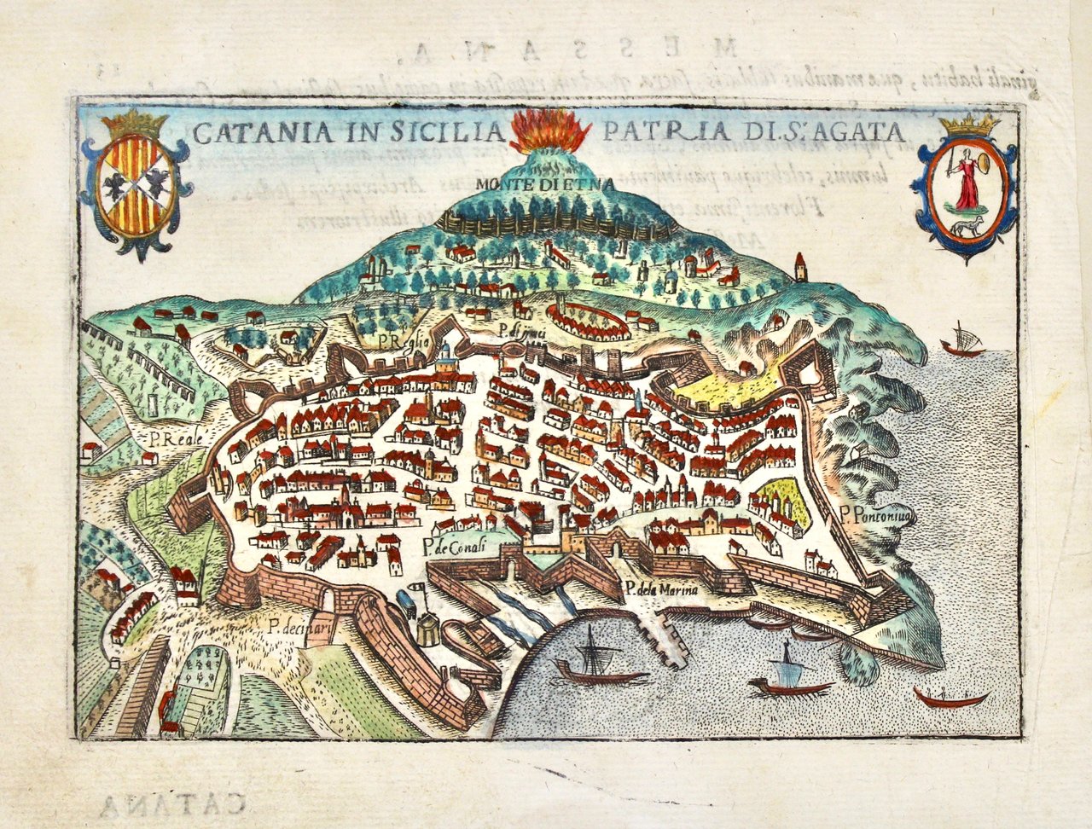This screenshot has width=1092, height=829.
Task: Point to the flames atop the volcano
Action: [x=550, y=130]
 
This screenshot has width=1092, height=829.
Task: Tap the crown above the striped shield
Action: [x=135, y=124]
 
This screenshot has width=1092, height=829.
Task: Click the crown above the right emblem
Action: [x=969, y=125]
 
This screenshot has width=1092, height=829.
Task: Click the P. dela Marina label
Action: [x=660, y=588]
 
